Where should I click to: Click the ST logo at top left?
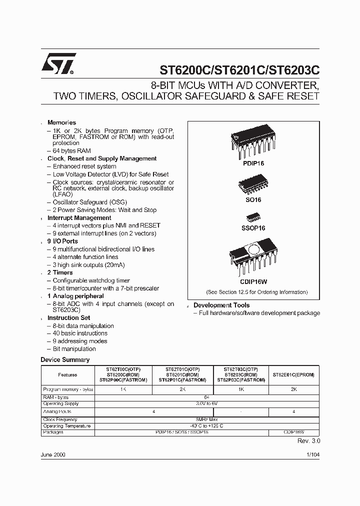[x=58, y=64]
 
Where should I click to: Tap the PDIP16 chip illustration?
[x=253, y=142]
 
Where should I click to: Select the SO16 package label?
[x=253, y=199]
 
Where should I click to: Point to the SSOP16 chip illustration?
[x=253, y=218]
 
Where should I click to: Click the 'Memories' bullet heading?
[x=61, y=122]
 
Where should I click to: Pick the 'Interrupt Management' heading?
[x=79, y=218]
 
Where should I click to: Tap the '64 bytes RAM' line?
[x=71, y=150]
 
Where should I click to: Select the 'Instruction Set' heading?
[x=68, y=317]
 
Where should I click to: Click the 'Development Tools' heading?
[x=221, y=305]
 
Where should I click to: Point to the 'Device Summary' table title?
[x=64, y=359]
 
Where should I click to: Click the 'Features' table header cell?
[x=67, y=375]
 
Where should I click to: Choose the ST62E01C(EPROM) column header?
[x=293, y=375]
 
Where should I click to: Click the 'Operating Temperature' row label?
[x=67, y=426]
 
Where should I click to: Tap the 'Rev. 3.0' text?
[x=308, y=441]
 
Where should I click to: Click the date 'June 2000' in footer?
[x=52, y=455]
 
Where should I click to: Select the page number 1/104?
[x=312, y=455]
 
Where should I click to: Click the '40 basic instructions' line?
[x=80, y=333]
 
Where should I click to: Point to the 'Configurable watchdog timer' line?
[x=91, y=280]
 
